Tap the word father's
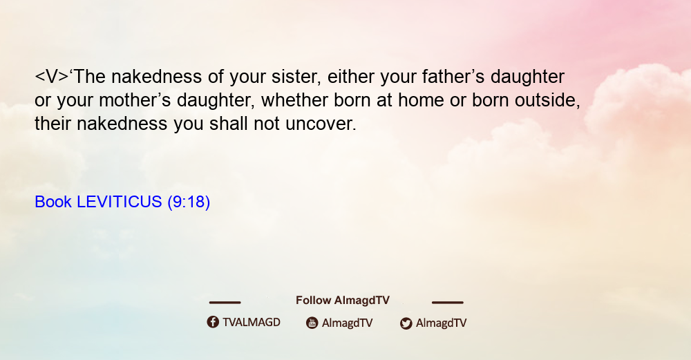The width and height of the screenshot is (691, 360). (x=453, y=77)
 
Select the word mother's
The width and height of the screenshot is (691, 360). (x=135, y=100)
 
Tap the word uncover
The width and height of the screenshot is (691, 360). (x=321, y=124)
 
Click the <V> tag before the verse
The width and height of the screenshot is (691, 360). (x=52, y=77)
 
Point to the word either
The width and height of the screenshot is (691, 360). (x=351, y=77)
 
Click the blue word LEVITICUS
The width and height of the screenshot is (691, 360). (x=120, y=202)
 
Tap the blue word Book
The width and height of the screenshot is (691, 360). (x=53, y=202)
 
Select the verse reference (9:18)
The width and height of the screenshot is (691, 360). (x=189, y=202)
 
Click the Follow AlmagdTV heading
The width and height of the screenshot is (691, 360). (x=343, y=301)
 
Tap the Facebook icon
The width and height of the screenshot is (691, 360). (x=213, y=322)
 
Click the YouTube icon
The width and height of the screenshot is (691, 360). (x=312, y=323)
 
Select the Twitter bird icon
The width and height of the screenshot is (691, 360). (x=406, y=323)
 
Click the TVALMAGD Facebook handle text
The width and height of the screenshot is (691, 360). (x=252, y=323)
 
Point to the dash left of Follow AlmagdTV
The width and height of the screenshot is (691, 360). (x=225, y=303)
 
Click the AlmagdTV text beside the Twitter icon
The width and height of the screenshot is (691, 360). (x=441, y=323)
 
